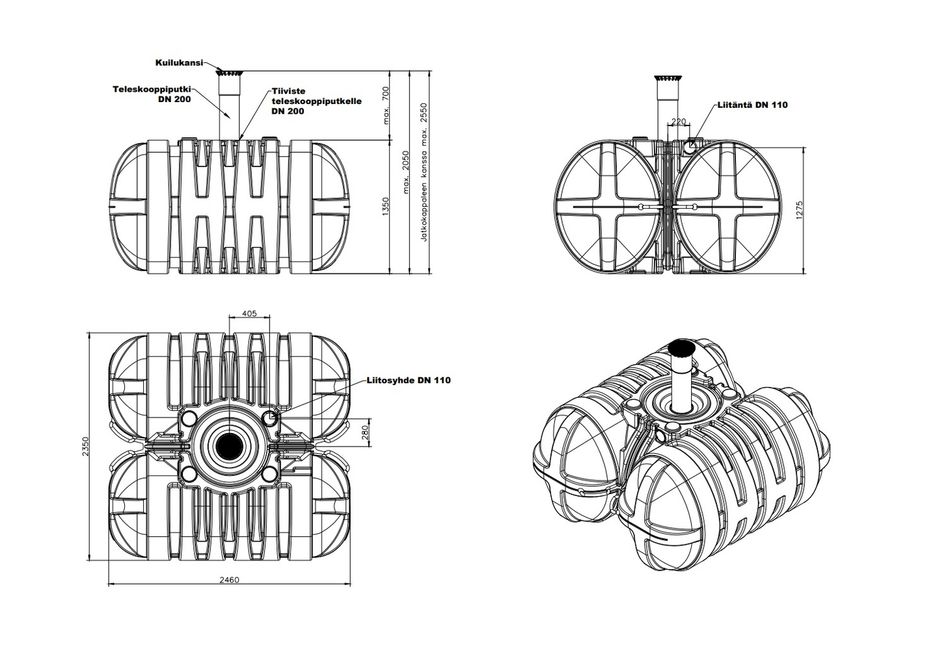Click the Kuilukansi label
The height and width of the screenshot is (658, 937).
point(179,62)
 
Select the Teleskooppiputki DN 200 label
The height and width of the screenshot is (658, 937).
point(152,94)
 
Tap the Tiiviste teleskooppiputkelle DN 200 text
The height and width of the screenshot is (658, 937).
point(316,101)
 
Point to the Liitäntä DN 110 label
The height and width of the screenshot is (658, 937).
point(752,105)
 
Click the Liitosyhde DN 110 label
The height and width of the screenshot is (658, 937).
point(408,380)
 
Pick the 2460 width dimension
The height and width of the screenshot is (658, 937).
point(229,579)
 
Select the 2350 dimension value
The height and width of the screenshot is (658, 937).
point(86,446)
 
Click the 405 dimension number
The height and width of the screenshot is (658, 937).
point(249,313)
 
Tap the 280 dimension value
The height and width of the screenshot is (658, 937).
point(364,432)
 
